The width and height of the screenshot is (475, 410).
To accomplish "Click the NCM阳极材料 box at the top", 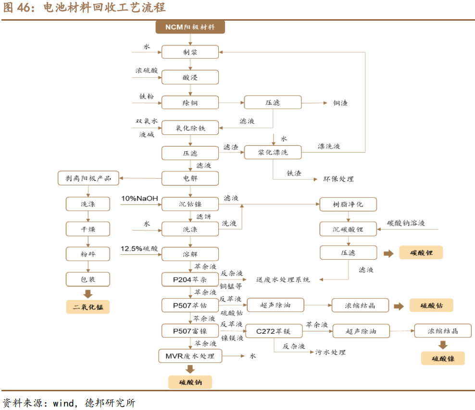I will tap(190, 27).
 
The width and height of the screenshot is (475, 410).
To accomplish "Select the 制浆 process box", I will tap(190, 52).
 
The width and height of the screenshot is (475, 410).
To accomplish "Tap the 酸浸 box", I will tap(190, 77).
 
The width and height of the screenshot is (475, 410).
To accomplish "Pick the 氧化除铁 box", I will tap(190, 128).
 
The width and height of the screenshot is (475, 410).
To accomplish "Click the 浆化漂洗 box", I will tap(273, 152).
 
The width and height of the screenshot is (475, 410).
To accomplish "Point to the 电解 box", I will tap(190, 179).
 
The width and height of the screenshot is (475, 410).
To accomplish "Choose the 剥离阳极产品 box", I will tap(88, 179).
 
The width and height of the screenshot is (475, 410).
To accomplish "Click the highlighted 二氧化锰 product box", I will tap(88, 307).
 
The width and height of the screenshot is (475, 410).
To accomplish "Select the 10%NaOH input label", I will tap(139, 198).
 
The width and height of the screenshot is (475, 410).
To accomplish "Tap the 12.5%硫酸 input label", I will tap(139, 249).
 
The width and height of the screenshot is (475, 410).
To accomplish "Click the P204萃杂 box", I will tap(190, 279).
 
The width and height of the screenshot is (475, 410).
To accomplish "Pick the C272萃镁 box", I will tap(273, 331).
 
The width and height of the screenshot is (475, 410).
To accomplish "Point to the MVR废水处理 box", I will tap(190, 356).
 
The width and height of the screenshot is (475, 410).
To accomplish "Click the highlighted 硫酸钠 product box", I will tap(190, 382).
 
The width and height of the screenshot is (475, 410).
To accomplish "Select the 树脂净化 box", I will tap(348, 205).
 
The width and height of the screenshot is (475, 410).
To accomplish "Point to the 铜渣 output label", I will tap(340, 103).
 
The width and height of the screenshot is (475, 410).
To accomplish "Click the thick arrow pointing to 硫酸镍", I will tap(443, 345).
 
